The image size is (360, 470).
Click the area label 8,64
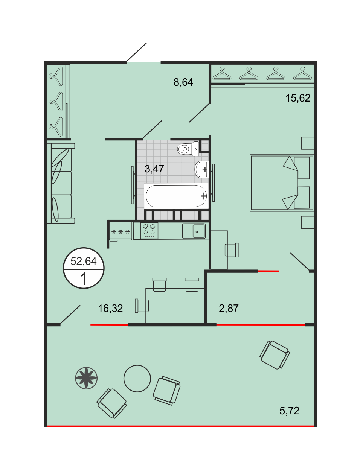(183, 82)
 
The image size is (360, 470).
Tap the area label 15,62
(298, 98)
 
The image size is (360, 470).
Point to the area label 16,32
(110, 308)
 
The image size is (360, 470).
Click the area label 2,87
(229, 308)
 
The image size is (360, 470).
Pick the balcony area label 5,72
(289, 411)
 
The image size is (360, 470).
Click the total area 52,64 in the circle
(84, 261)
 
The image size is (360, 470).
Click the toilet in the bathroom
(188, 149)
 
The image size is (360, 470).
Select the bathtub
(176, 196)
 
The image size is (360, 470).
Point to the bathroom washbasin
(201, 169)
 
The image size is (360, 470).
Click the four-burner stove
(149, 231)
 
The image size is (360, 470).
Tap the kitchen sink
(194, 231)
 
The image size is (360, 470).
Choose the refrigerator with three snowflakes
(121, 231)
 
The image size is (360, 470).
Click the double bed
(282, 183)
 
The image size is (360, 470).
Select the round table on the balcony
(137, 379)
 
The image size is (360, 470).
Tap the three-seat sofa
(61, 183)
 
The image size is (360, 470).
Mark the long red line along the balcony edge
(180, 426)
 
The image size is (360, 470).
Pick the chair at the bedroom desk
(232, 250)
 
